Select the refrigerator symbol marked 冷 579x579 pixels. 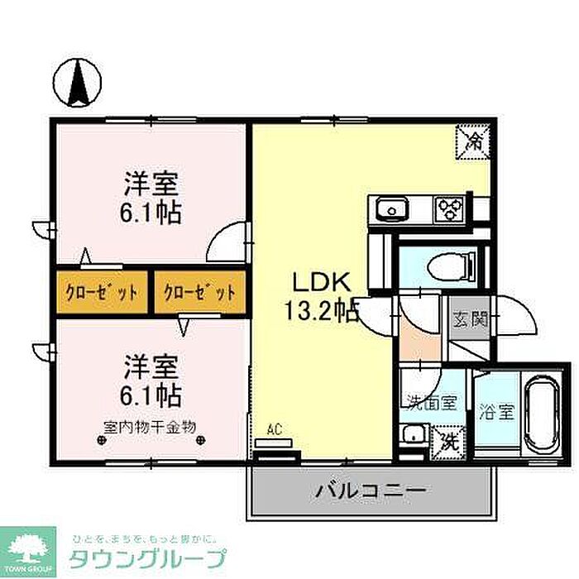(x=474, y=140)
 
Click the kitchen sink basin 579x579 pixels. (x=390, y=209)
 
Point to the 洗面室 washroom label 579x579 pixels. (x=430, y=403)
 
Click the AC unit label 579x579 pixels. (x=275, y=429)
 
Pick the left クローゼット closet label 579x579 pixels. (x=102, y=292)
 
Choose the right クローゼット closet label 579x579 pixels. (x=199, y=292)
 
